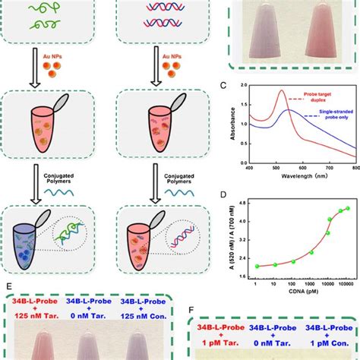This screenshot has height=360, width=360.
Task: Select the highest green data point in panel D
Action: click(348, 209)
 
